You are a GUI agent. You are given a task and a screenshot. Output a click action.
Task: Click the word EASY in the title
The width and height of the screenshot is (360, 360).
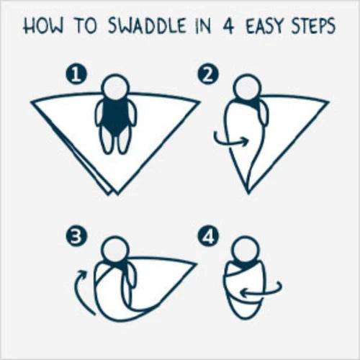(266, 26)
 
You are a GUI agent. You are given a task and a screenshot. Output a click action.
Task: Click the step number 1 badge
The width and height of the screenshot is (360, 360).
(76, 75)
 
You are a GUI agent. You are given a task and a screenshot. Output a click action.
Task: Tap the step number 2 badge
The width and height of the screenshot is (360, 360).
(208, 75)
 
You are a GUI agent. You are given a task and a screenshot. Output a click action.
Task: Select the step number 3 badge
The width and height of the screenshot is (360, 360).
(76, 237)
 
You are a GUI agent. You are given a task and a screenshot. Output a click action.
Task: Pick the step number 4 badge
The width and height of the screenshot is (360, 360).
(208, 237)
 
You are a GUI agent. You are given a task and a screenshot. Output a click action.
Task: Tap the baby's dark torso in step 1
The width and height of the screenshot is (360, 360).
(116, 117)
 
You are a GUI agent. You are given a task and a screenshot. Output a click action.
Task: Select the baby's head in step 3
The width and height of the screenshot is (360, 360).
(115, 250)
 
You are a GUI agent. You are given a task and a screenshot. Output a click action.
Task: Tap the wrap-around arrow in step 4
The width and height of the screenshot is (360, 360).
(264, 292)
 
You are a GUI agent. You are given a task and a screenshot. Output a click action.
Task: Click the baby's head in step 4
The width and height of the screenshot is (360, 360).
(246, 250)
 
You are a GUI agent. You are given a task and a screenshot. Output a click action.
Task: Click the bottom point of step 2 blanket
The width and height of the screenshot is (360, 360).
(248, 193)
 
